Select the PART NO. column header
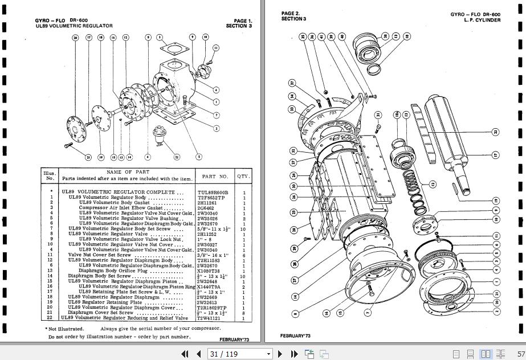(x=215, y=177)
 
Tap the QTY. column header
(x=243, y=177)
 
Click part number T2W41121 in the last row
(x=209, y=318)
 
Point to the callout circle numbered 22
(x=177, y=157)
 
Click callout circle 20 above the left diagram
(x=75, y=38)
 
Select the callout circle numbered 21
(x=88, y=157)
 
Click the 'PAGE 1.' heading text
(x=243, y=21)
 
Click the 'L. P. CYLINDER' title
(x=482, y=20)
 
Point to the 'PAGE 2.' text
(x=290, y=14)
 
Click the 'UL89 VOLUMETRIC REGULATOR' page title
(x=74, y=26)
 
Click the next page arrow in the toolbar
(x=279, y=354)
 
